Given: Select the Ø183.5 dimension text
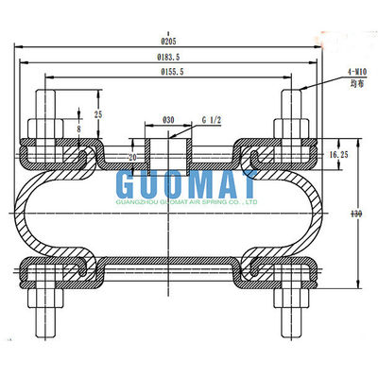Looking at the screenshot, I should click(x=171, y=57).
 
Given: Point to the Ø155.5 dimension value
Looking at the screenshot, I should click(x=171, y=72).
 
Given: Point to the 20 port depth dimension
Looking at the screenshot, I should click(x=133, y=156).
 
